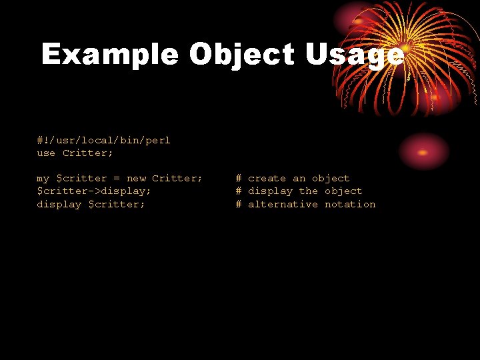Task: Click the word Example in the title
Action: (109, 55)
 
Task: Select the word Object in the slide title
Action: (242, 55)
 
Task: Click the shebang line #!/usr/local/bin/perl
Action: (103, 140)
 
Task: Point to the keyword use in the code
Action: (46, 153)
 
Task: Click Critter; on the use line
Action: (88, 153)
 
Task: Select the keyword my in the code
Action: (43, 179)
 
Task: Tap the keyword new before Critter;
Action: (136, 179)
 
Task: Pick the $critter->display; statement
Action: (94, 191)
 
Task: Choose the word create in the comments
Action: (267, 179)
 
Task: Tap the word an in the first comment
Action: (299, 179)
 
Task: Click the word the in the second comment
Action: (309, 191)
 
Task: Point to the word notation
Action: (350, 204)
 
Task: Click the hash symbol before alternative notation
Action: (238, 204)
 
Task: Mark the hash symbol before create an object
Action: (238, 179)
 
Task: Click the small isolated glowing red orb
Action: (423, 151)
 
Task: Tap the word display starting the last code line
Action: (59, 204)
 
